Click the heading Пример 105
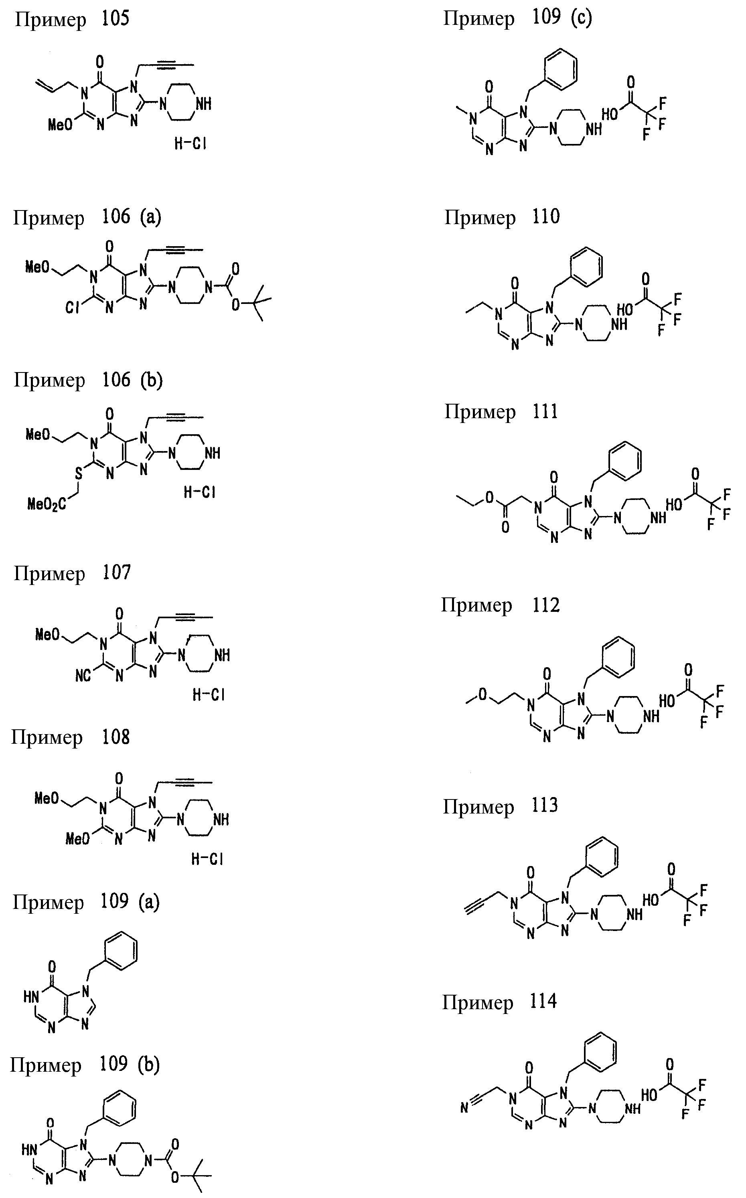(x=72, y=20)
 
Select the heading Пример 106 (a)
(x=87, y=217)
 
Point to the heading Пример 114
(x=499, y=1002)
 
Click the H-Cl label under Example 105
(x=191, y=144)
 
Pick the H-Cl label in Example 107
(x=209, y=695)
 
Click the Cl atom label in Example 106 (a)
(x=73, y=308)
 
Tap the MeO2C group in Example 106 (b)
(x=47, y=504)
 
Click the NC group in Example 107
(x=83, y=676)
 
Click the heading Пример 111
(x=501, y=411)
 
